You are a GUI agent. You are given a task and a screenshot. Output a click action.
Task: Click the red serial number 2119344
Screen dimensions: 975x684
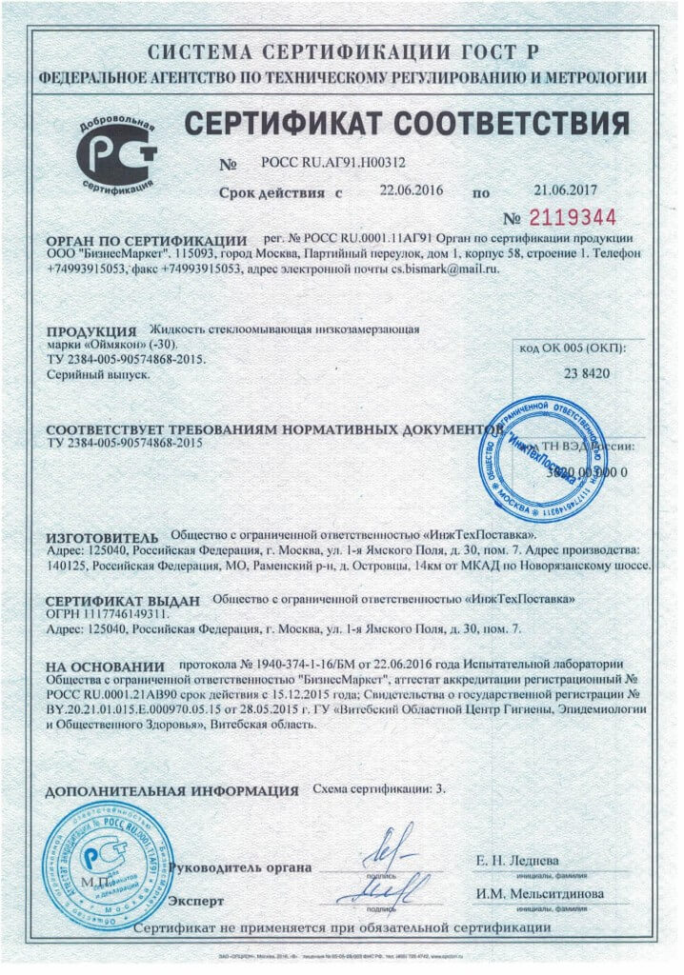click(x=573, y=216)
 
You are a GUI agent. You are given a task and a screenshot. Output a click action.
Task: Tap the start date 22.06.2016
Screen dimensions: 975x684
click(x=410, y=190)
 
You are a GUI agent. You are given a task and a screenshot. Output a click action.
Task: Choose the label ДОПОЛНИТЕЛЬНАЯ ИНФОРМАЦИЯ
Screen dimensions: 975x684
click(x=172, y=791)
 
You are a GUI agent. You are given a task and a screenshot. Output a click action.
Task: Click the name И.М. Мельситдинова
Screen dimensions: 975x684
click(x=540, y=894)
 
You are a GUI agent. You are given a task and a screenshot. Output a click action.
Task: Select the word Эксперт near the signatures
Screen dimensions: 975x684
click(x=196, y=900)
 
